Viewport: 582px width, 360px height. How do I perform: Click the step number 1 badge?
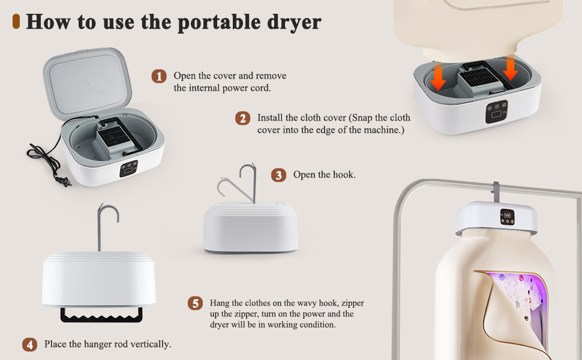pyautogui.click(x=158, y=76)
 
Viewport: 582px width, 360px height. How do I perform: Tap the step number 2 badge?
pyautogui.click(x=242, y=118)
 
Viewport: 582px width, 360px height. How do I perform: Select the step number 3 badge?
pyautogui.click(x=278, y=175)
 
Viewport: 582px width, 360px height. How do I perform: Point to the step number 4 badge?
pyautogui.click(x=29, y=345)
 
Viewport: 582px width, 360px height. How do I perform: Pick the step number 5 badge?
pyautogui.click(x=195, y=303)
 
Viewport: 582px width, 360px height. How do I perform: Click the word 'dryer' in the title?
pyautogui.click(x=293, y=22)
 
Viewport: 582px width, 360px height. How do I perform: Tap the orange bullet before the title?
pyautogui.click(x=16, y=22)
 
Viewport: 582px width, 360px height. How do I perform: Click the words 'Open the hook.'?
pyautogui.click(x=324, y=175)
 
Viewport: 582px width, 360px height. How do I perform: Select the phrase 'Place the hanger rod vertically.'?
pyautogui.click(x=107, y=345)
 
